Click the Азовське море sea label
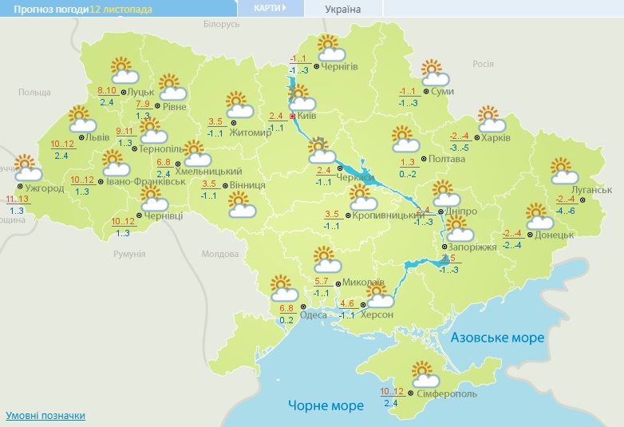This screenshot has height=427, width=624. coord(497,338)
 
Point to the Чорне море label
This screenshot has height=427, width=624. coord(326,405)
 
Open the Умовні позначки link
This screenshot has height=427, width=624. coord(45,416)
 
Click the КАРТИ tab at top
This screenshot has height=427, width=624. coord(271,8)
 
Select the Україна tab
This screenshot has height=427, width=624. coord(343,9)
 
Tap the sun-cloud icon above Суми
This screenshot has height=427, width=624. coord(435,73)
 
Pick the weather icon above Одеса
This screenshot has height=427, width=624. coord(283,287)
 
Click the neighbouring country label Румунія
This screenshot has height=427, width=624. coord(129,253)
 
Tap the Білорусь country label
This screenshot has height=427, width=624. coord(222,25)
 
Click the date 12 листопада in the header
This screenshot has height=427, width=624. coord(122,9)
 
